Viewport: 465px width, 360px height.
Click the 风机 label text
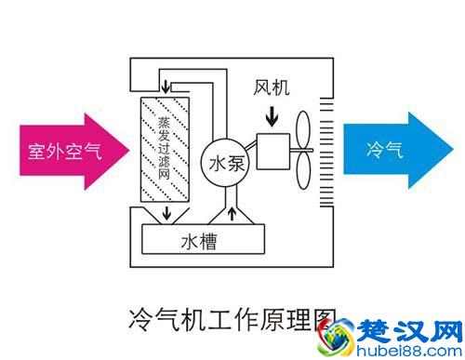click(x=272, y=90)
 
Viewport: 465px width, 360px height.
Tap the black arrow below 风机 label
click(x=272, y=117)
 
